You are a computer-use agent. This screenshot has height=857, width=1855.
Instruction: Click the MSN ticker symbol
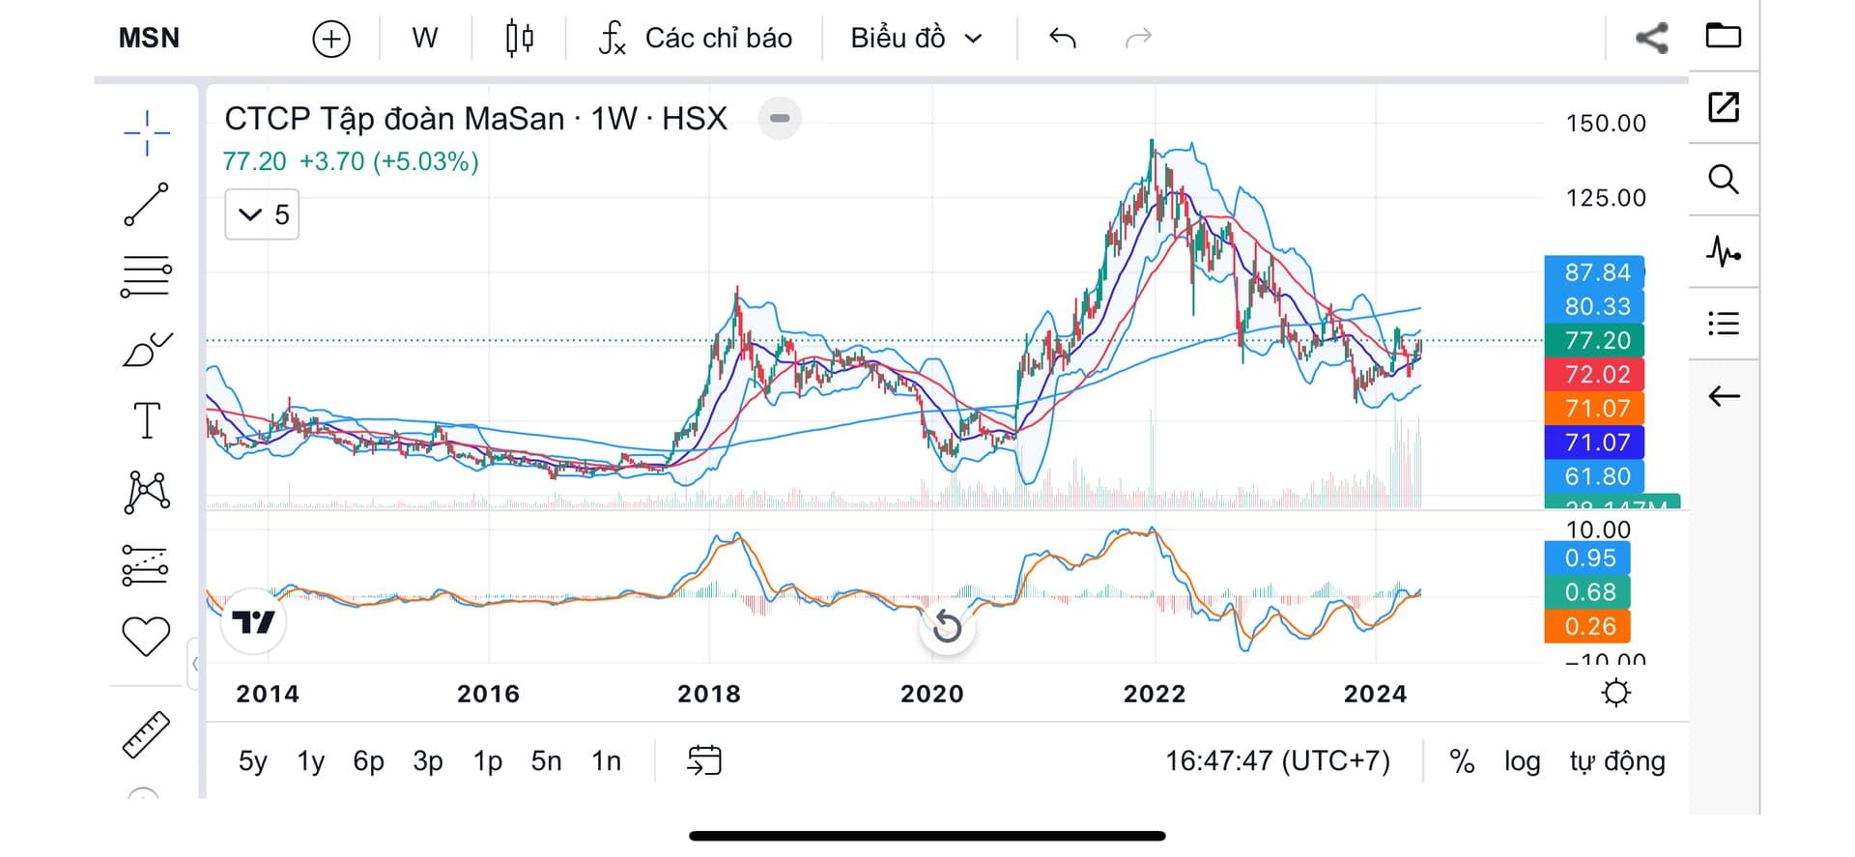[x=149, y=39]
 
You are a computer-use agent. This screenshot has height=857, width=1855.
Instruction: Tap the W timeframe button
[x=424, y=39]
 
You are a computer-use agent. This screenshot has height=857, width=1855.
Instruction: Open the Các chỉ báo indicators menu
[x=696, y=39]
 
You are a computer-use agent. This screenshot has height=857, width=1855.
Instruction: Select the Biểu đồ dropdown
[x=916, y=39]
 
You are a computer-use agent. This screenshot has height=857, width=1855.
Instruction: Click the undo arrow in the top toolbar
[x=1062, y=39]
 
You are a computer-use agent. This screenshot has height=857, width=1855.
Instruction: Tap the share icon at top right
[x=1651, y=39]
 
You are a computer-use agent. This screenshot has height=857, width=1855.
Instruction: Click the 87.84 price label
[x=1596, y=272]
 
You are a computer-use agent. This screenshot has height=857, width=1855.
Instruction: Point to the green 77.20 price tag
[x=1596, y=340]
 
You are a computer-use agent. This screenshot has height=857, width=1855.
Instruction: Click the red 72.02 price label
[x=1596, y=374]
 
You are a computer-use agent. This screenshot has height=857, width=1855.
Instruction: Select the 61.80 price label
[x=1596, y=476]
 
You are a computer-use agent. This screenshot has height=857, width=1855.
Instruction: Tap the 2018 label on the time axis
[x=708, y=694]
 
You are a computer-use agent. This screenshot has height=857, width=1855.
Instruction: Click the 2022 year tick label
[x=1154, y=694]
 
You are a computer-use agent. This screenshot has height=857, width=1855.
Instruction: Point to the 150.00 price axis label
[x=1605, y=124]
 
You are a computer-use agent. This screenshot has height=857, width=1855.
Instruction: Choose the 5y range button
[x=252, y=761]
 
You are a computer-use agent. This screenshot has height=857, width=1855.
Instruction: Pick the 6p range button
[x=368, y=761]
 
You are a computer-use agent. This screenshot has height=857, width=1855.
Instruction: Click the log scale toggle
[x=1522, y=761]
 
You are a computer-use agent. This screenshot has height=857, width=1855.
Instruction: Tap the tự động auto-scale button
[x=1616, y=761]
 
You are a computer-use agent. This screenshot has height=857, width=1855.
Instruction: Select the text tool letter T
[x=147, y=420]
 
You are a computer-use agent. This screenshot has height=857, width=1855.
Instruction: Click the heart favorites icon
[x=146, y=637]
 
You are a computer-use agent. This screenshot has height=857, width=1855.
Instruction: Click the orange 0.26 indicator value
[x=1588, y=626]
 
